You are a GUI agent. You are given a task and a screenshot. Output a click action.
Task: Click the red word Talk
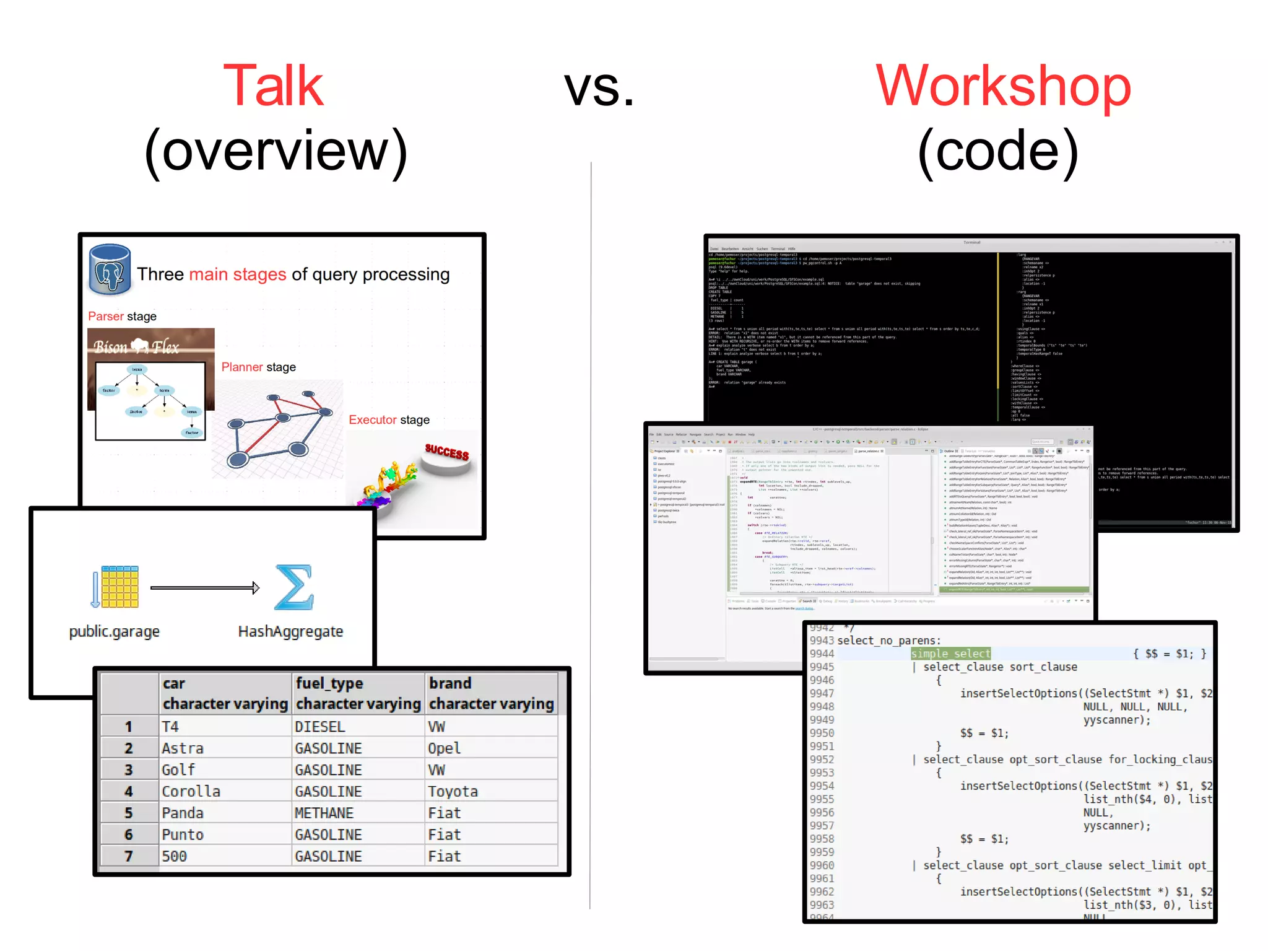click(x=273, y=86)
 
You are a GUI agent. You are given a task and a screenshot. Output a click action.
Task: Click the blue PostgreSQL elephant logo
click(x=110, y=270)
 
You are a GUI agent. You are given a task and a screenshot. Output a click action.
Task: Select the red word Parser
click(x=106, y=317)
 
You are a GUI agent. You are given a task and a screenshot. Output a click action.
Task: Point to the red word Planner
click(x=242, y=367)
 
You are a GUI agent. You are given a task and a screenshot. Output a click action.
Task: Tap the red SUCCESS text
click(x=446, y=452)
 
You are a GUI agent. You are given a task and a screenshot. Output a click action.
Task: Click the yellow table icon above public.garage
click(x=119, y=587)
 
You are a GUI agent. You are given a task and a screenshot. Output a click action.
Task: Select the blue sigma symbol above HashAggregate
click(x=293, y=587)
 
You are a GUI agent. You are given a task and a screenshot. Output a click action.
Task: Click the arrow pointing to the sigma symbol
click(x=204, y=588)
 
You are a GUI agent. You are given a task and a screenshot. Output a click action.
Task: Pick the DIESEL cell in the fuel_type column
click(x=320, y=727)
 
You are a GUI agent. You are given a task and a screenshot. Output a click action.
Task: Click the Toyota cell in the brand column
click(x=453, y=792)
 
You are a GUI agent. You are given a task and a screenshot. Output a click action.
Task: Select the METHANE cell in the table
click(x=324, y=813)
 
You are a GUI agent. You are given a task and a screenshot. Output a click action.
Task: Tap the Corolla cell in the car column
click(x=191, y=792)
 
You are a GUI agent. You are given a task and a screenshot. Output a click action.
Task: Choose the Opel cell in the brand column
click(x=444, y=748)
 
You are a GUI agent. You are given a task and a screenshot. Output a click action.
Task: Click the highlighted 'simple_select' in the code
click(x=950, y=654)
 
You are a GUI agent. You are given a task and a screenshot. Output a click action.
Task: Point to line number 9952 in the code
click(x=822, y=760)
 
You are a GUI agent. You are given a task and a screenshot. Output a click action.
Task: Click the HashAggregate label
click(x=290, y=631)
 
